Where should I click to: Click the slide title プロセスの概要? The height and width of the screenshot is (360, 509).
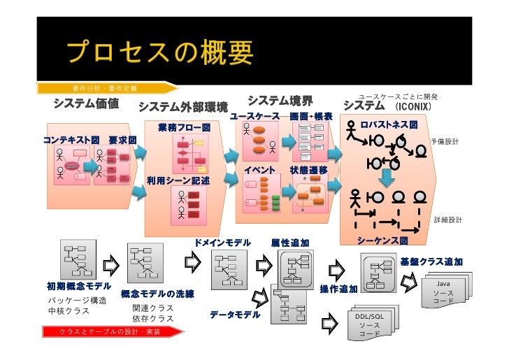point(160,55)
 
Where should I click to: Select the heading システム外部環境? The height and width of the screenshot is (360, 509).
point(183,107)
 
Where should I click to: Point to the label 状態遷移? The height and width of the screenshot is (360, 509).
point(308,170)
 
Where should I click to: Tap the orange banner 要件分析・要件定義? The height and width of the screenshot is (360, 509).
point(105,88)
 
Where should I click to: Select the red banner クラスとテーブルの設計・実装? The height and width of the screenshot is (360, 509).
point(110,331)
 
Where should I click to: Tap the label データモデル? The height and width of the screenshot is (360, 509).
point(235,315)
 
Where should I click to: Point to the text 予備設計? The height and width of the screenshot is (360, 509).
point(445,141)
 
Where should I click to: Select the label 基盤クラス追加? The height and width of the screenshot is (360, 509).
point(431,261)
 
